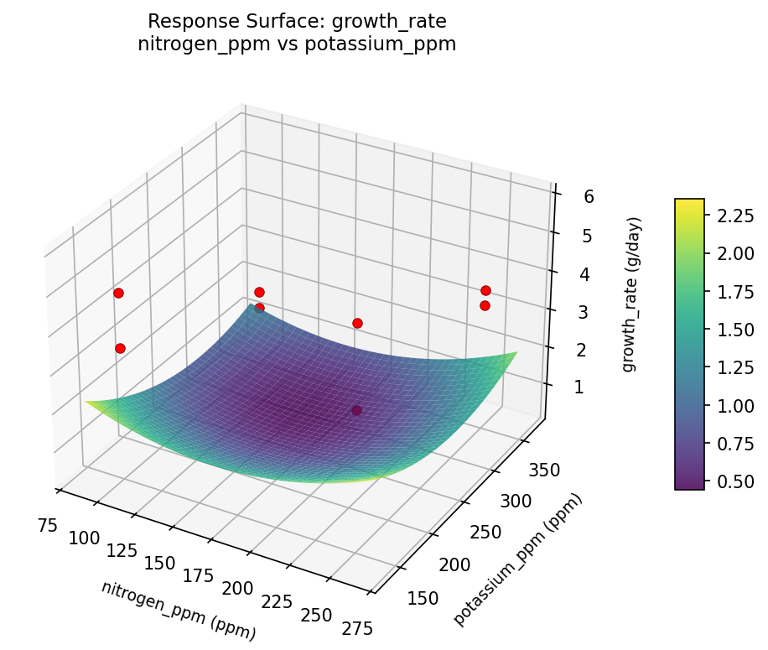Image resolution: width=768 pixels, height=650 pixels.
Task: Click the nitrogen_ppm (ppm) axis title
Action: coord(179,611)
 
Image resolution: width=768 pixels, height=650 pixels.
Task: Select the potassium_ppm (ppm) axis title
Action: coord(517,560)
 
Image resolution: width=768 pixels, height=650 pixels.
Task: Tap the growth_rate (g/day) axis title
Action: coord(634,294)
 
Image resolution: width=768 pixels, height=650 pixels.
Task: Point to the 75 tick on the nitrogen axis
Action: coord(47,526)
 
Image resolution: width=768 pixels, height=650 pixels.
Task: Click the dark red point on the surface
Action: coord(356,410)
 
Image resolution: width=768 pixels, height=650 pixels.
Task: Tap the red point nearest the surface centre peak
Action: coord(260,308)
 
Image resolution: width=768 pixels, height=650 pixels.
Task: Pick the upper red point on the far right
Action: coord(485,290)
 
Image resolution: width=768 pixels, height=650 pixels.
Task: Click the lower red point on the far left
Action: coord(120,348)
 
